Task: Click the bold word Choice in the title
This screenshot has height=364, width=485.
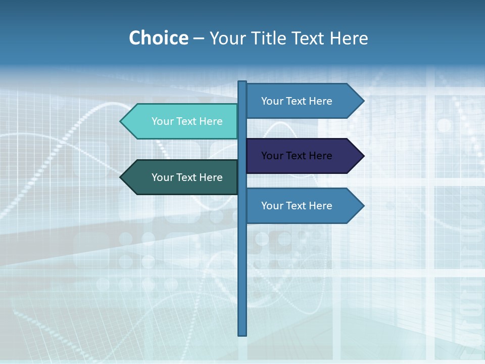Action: (x=158, y=38)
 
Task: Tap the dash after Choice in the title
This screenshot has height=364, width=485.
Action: (x=199, y=38)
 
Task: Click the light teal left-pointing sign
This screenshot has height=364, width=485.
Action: (x=182, y=121)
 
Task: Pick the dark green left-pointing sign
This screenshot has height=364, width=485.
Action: (x=182, y=177)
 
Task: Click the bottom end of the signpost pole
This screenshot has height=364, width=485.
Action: (x=243, y=333)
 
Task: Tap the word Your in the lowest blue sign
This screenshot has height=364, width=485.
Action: (x=271, y=206)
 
